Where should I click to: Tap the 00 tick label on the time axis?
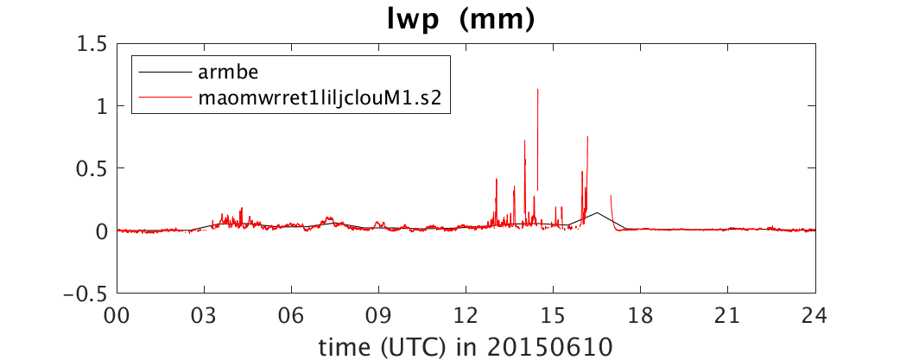point(117,316)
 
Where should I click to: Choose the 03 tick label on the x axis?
point(205,316)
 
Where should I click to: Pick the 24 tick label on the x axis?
point(815,316)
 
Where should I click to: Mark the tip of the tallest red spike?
point(538,90)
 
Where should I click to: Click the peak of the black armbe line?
point(597,212)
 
